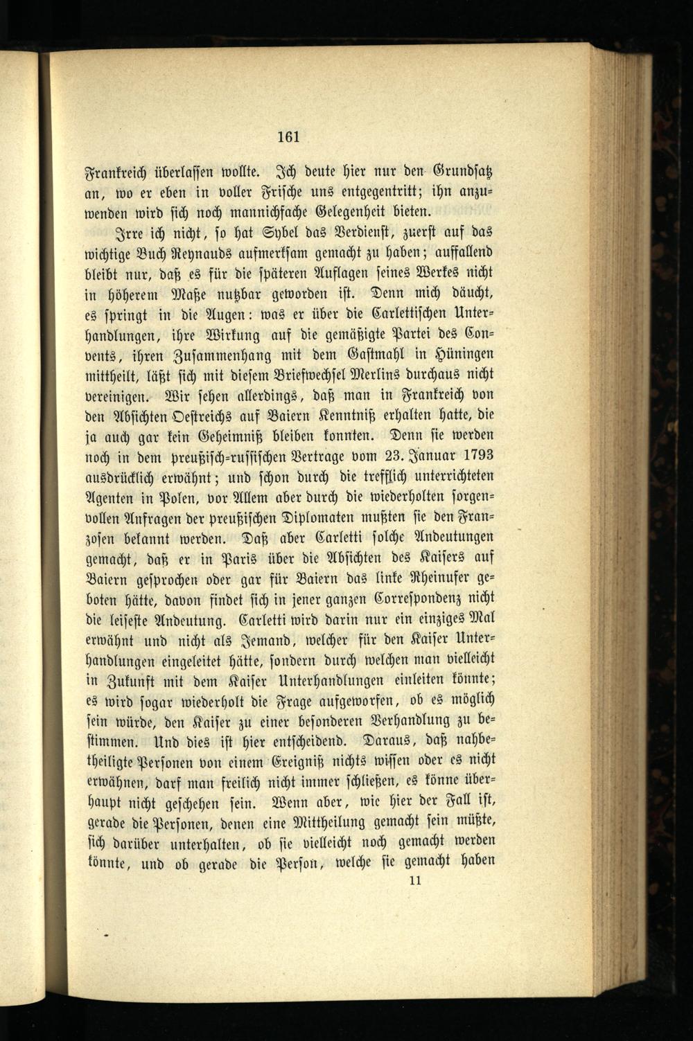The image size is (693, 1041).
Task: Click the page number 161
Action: (288, 136)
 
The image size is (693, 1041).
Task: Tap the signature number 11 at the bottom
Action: (416, 881)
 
